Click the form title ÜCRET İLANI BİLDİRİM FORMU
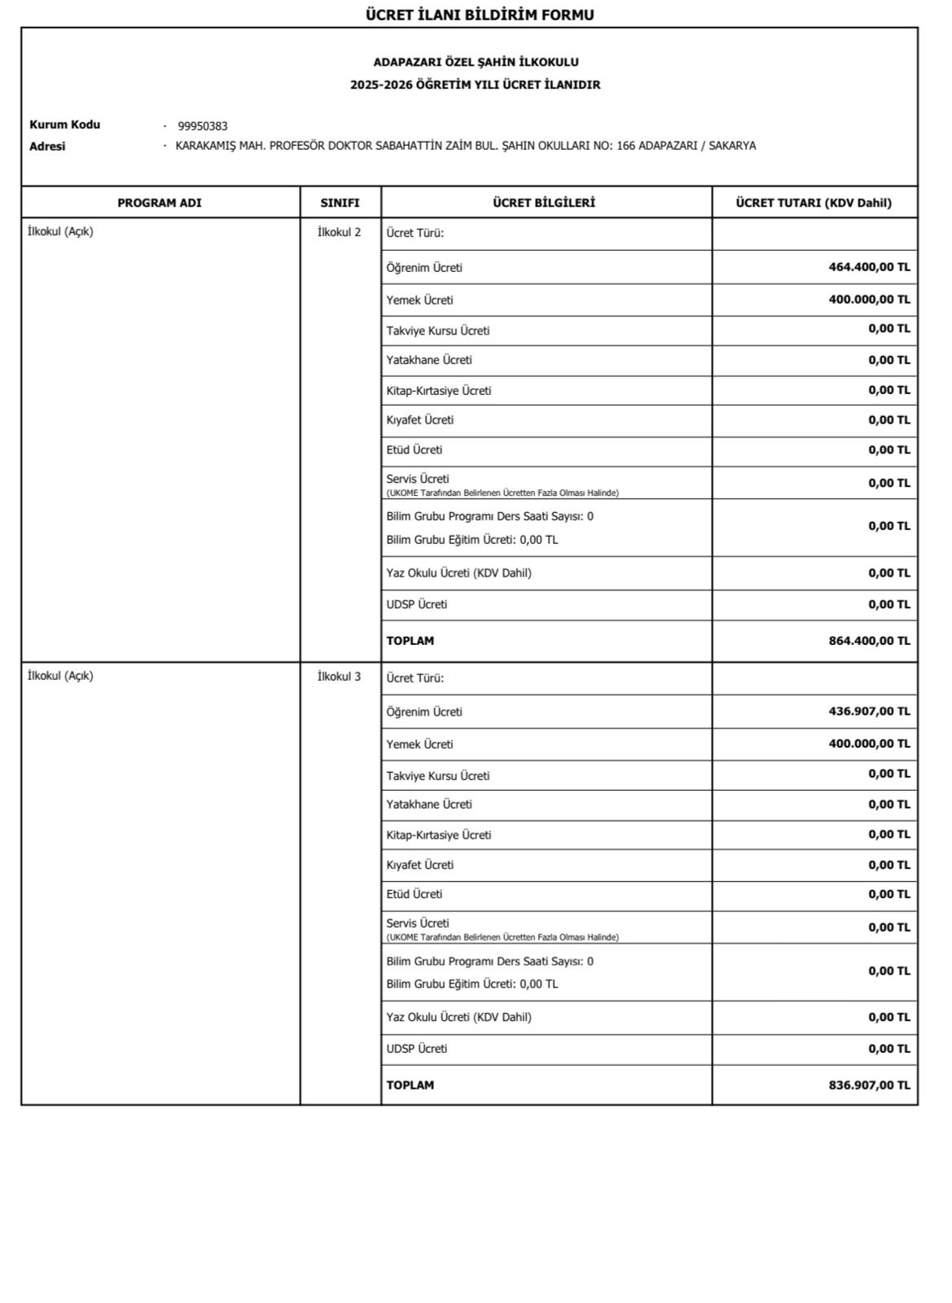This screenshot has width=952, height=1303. pos(479,15)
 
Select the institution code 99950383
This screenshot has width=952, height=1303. pos(203,126)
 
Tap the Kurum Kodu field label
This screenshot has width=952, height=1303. pos(64,125)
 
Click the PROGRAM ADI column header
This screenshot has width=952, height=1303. pos(160,203)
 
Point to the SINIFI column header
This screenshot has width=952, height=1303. pos(340,203)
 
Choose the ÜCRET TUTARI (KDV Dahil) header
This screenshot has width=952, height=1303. pos(814,203)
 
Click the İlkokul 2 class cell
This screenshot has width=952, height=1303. pos(339,232)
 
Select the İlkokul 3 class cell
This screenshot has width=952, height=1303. pos(339,677)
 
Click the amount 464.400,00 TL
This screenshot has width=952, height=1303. pos(869,267)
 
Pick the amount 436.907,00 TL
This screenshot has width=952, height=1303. pos(869,711)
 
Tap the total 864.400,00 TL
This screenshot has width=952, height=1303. pos(869,641)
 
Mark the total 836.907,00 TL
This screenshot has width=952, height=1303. pos(869,1085)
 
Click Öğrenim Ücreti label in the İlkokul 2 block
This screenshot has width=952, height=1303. pos(424,268)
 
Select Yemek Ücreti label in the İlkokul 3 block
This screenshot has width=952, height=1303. pos(419,744)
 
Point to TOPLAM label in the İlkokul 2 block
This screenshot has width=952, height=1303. pos(410,641)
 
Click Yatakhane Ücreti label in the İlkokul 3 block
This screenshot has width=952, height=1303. pos(429,805)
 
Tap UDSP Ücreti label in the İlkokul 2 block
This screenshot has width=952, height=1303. pos(417,604)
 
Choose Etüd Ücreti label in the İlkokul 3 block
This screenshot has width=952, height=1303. pos(415,894)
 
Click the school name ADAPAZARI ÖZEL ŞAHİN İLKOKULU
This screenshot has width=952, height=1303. pos(476,62)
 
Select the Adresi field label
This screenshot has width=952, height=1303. pos(47,147)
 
